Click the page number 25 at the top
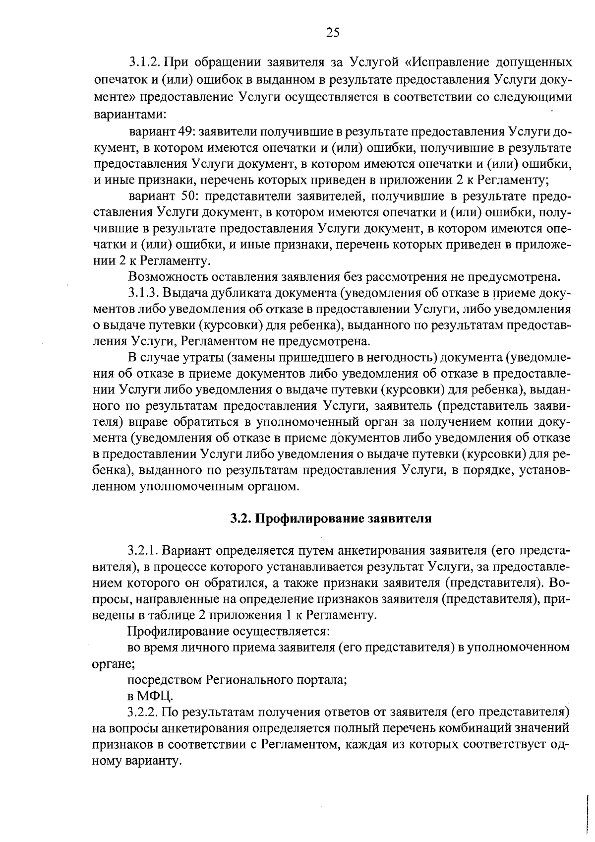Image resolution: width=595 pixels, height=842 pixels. (x=333, y=33)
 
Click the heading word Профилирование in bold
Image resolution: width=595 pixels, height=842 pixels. (x=307, y=518)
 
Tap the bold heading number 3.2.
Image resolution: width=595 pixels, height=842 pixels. (x=240, y=518)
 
